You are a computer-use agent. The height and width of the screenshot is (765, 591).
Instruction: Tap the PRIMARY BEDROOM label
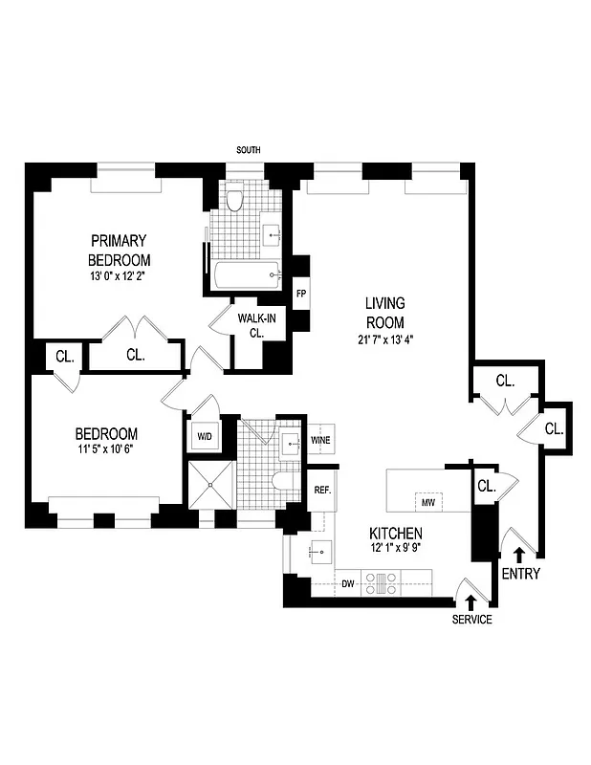pos(120,250)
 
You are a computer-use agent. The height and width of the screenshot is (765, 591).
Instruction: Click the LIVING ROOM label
pos(384,313)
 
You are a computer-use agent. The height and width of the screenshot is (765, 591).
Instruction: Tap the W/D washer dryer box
pos(205,437)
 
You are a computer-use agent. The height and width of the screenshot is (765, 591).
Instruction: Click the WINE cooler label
pos(320,439)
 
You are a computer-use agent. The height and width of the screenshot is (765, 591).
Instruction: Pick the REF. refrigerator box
pos(322,491)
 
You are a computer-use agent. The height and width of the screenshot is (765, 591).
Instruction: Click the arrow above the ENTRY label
pos(519,553)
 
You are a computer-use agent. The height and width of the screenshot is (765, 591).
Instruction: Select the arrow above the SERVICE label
pos(471,601)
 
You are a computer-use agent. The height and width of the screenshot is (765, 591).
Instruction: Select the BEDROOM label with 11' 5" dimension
pos(104,433)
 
